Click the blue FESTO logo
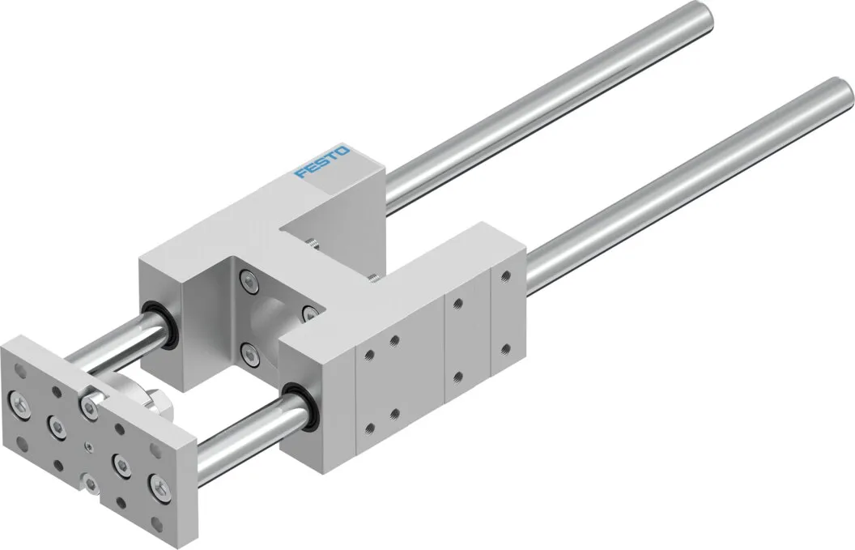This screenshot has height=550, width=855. tap(322, 162)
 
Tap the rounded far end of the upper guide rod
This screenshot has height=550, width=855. tap(704, 16)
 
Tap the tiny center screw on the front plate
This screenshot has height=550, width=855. tap(88, 447)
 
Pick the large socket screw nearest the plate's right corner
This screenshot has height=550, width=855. tap(158, 484)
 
